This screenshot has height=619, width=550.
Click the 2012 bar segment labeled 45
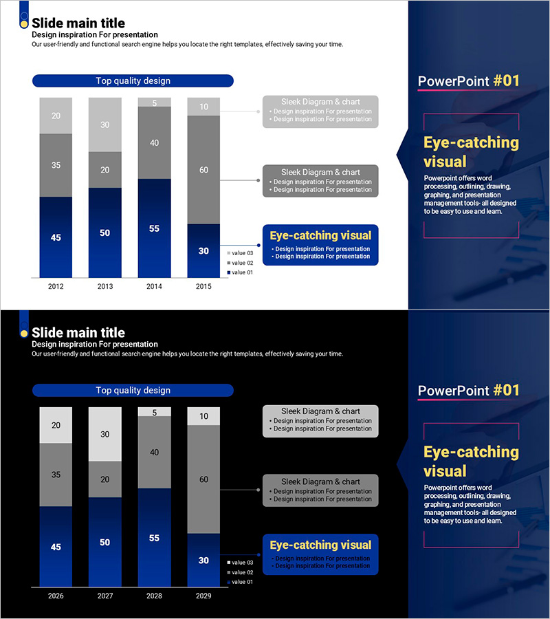point(56,237)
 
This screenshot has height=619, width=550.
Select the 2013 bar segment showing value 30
point(105,124)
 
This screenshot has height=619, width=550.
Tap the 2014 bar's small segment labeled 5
point(155,102)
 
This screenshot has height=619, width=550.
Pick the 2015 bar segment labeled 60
point(203,170)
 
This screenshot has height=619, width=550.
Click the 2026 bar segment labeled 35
point(56,475)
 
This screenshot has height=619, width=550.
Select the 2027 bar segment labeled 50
point(105,542)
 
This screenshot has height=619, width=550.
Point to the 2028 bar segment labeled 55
point(155,538)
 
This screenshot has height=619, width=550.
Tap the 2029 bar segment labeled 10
point(203,416)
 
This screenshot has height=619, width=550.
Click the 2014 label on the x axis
point(155,286)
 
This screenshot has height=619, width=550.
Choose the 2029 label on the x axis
point(203,596)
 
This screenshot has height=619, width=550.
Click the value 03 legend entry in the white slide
point(241,253)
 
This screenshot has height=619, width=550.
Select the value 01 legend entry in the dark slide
point(241,582)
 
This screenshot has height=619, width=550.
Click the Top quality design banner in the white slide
point(133,81)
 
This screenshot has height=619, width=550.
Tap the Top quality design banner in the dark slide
point(133,391)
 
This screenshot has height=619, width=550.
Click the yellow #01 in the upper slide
point(507,80)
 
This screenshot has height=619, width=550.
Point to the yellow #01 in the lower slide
point(507,390)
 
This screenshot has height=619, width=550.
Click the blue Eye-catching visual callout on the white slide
point(320,245)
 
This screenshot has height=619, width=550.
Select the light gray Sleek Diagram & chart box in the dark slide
point(320,420)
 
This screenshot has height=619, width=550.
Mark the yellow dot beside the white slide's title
point(24,24)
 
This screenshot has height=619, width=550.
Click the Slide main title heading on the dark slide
point(78,333)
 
